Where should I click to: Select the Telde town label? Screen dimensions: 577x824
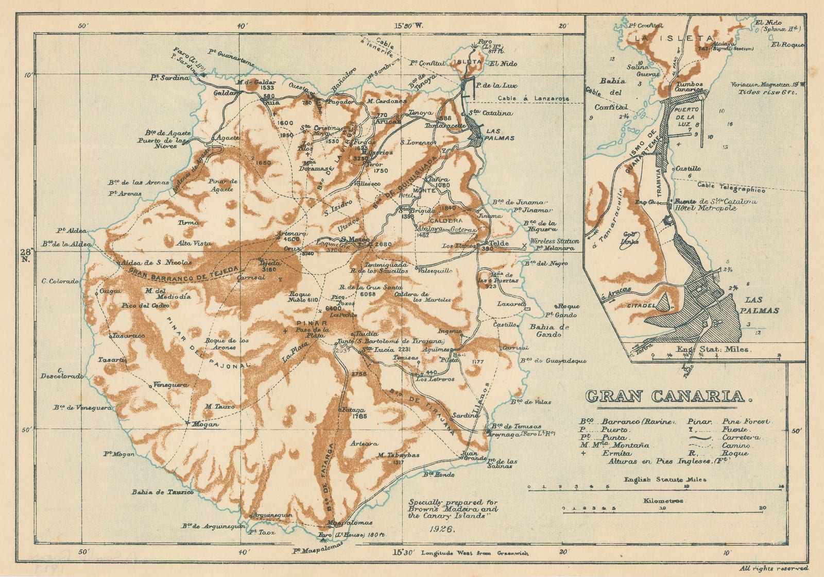coord(499,243)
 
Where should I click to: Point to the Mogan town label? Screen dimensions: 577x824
coord(204,424)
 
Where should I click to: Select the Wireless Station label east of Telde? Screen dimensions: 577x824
coord(555,241)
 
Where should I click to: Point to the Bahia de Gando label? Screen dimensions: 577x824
coord(549,331)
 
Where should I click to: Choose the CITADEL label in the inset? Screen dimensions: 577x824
coord(639,306)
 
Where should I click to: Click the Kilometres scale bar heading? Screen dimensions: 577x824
coord(663,501)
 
